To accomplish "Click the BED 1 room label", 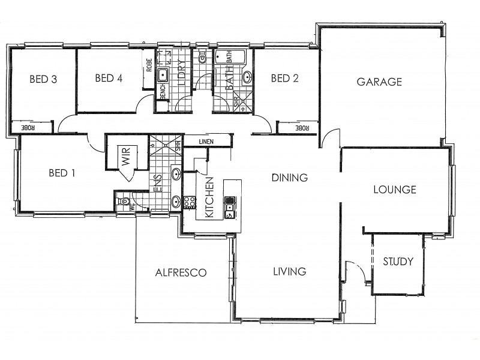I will pyautogui.click(x=62, y=173).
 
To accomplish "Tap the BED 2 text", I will pyautogui.click(x=285, y=78).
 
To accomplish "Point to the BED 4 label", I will pyautogui.click(x=109, y=78).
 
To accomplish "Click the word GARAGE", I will pyautogui.click(x=379, y=82).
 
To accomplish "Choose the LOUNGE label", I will pyautogui.click(x=394, y=190).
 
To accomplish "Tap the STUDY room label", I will pyautogui.click(x=398, y=262).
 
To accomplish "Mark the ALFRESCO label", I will pyautogui.click(x=181, y=272).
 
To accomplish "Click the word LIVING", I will pyautogui.click(x=289, y=272).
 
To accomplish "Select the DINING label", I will pyautogui.click(x=289, y=178).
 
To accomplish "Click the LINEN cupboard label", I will pyautogui.click(x=207, y=142).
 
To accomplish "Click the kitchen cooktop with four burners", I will pyautogui.click(x=189, y=202).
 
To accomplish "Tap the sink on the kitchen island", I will pyautogui.click(x=229, y=210).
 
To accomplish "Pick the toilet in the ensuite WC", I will pyautogui.click(x=125, y=202).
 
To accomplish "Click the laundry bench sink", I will pyautogui.click(x=162, y=76).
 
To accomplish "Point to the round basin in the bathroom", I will pyautogui.click(x=247, y=77).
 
